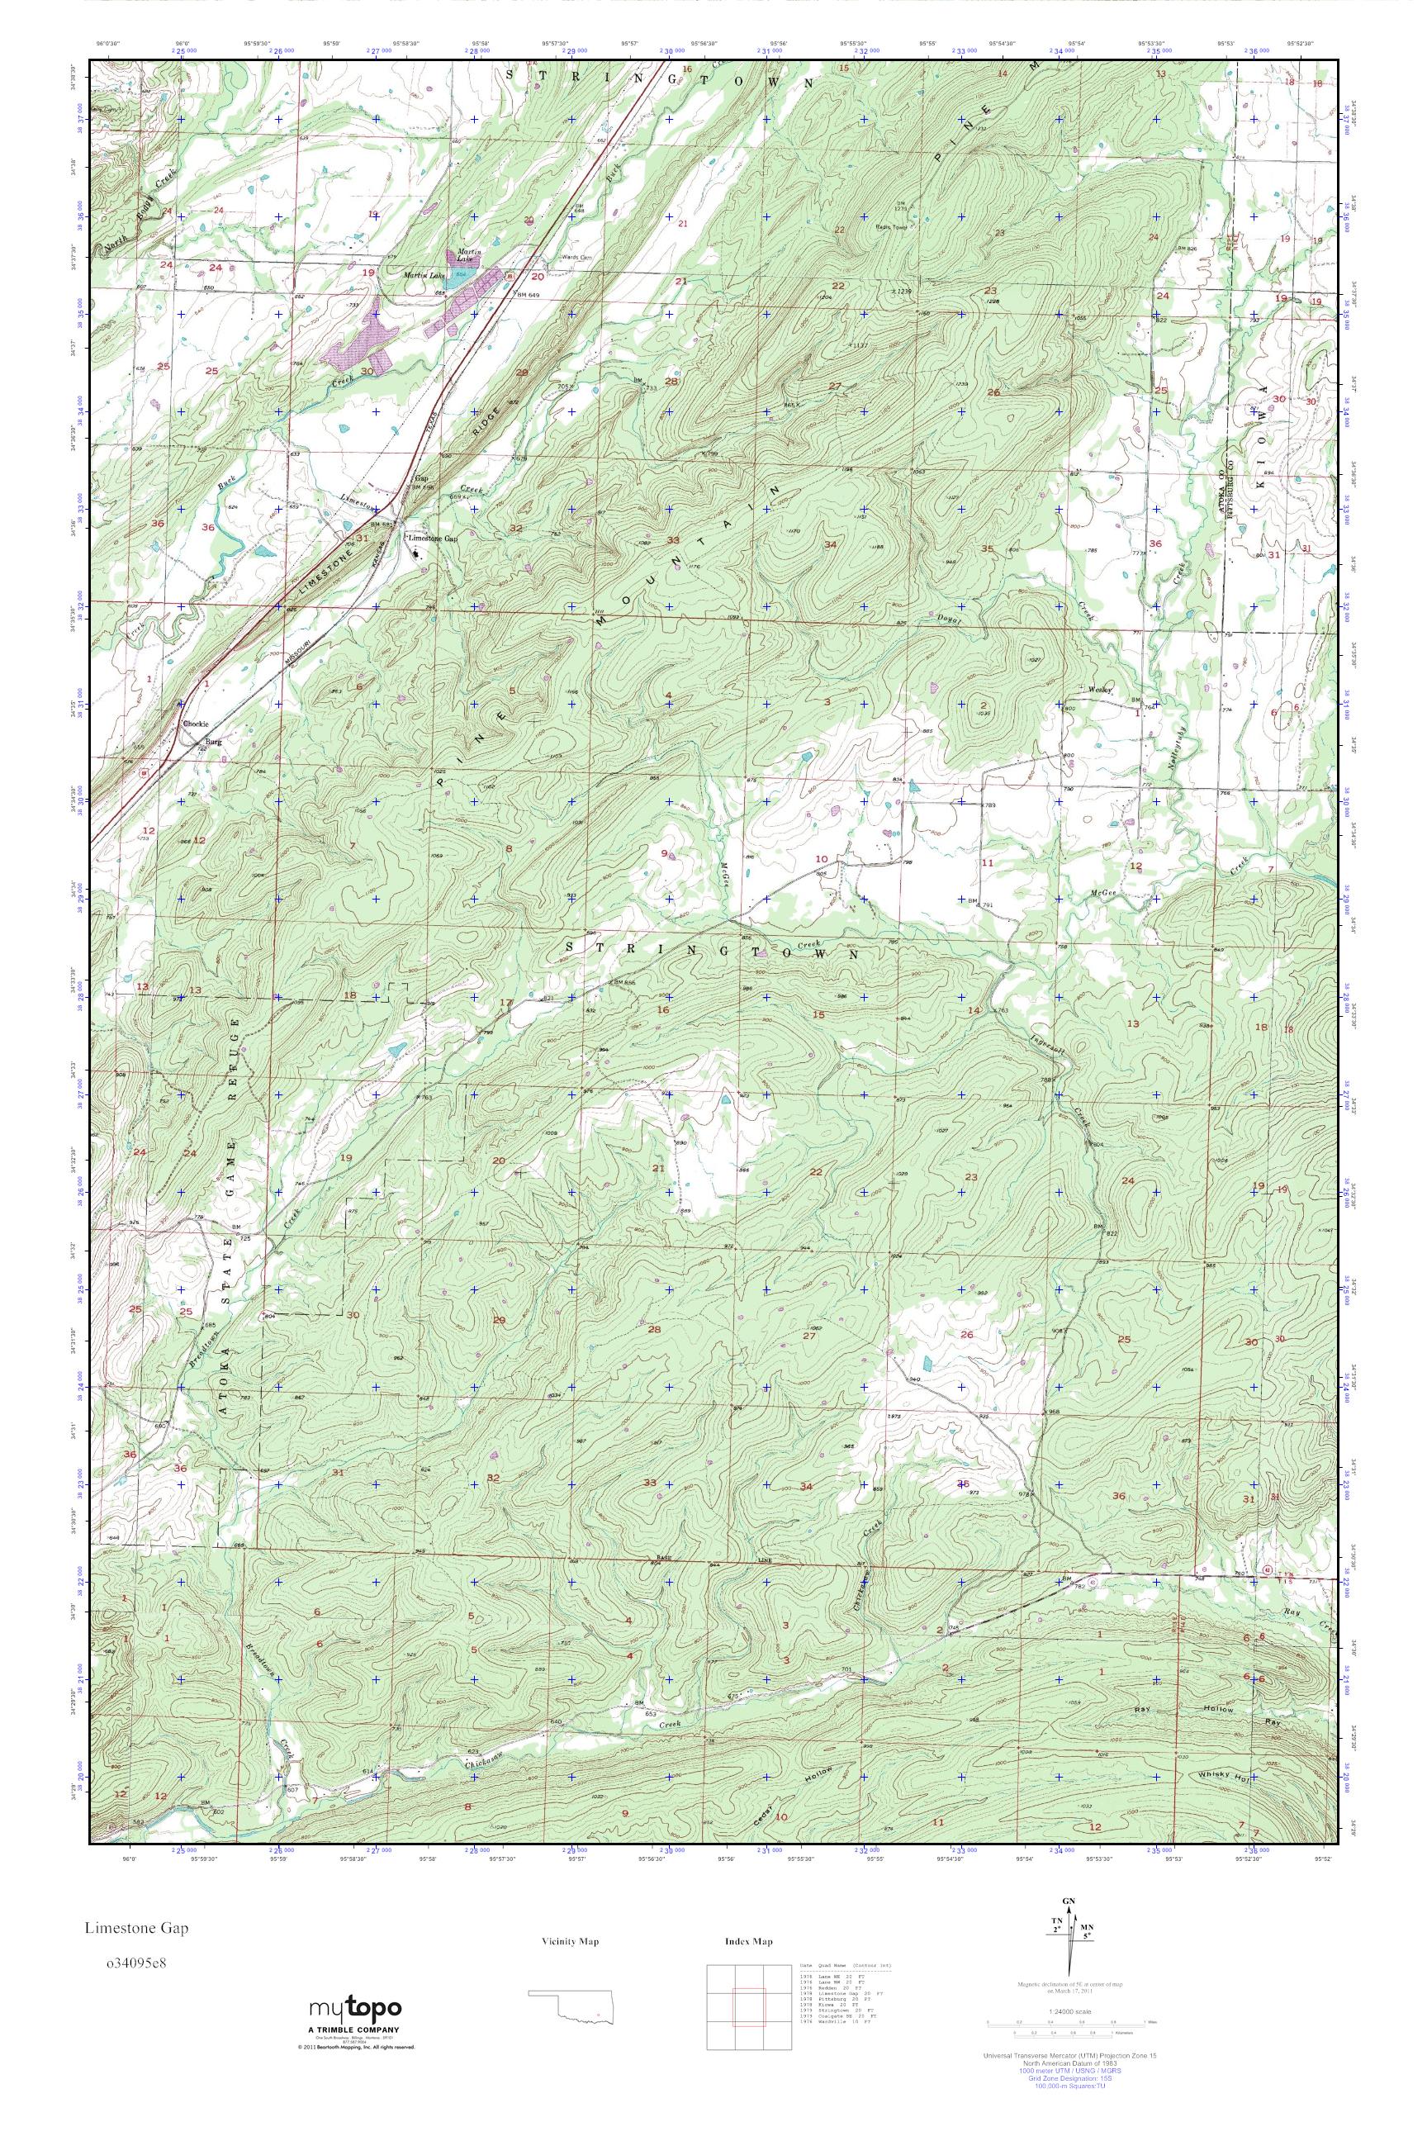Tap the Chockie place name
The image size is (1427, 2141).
coord(196,724)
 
